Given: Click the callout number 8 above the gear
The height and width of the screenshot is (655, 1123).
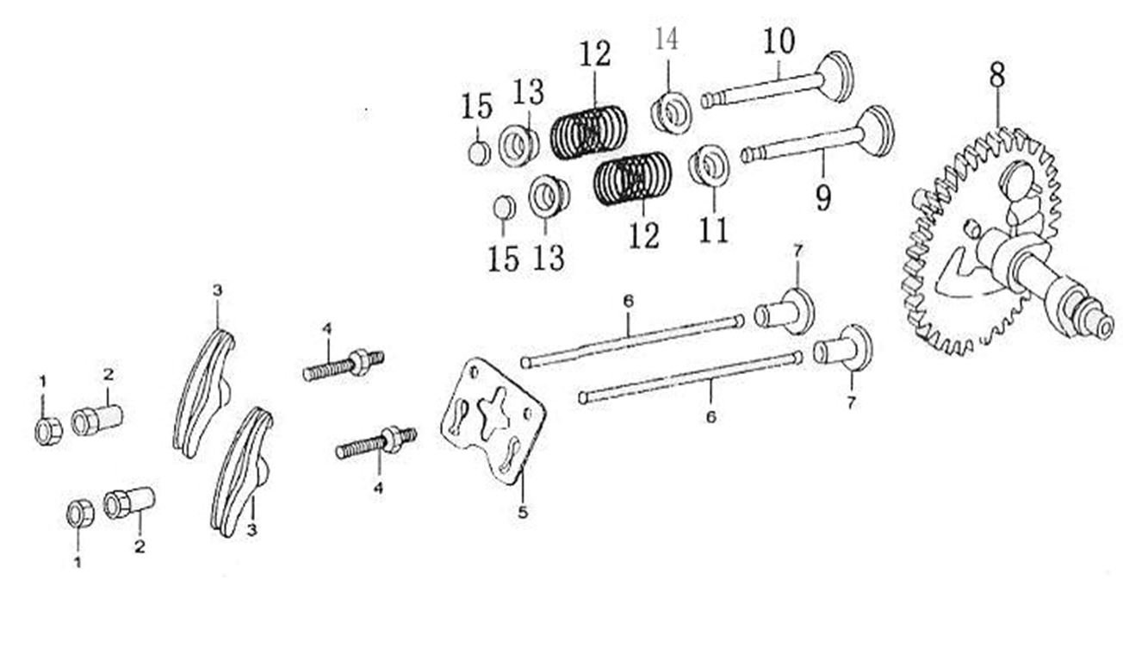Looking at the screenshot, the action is click(997, 76).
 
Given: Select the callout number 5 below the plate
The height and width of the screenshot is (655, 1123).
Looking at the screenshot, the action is click(523, 512).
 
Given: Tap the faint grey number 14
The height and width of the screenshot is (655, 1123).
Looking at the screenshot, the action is click(667, 39).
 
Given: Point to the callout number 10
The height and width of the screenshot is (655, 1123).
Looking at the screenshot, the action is click(779, 41).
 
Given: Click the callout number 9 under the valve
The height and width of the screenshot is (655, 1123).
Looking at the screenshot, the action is click(823, 197).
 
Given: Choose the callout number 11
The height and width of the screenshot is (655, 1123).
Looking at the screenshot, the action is click(714, 230).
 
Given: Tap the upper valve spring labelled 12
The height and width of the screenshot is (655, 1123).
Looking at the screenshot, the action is click(588, 133).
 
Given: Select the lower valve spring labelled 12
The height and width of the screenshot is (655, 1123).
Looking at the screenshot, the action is click(632, 178).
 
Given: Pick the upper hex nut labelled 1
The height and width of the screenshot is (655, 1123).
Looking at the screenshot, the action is click(48, 431).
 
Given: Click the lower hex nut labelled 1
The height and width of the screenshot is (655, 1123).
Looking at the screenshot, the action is click(80, 514).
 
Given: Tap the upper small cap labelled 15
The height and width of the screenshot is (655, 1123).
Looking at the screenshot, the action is click(480, 153).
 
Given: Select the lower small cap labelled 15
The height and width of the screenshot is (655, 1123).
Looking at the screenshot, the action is click(505, 208).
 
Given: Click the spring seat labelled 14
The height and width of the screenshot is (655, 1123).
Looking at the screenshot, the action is click(671, 112).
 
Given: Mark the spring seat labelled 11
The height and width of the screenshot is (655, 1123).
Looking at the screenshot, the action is click(709, 165).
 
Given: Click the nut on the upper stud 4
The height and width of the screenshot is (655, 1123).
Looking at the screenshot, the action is click(359, 362).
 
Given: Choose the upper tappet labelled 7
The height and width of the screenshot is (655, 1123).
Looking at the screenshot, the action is click(785, 312).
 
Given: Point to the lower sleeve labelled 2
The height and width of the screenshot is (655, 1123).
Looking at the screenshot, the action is click(129, 502).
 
